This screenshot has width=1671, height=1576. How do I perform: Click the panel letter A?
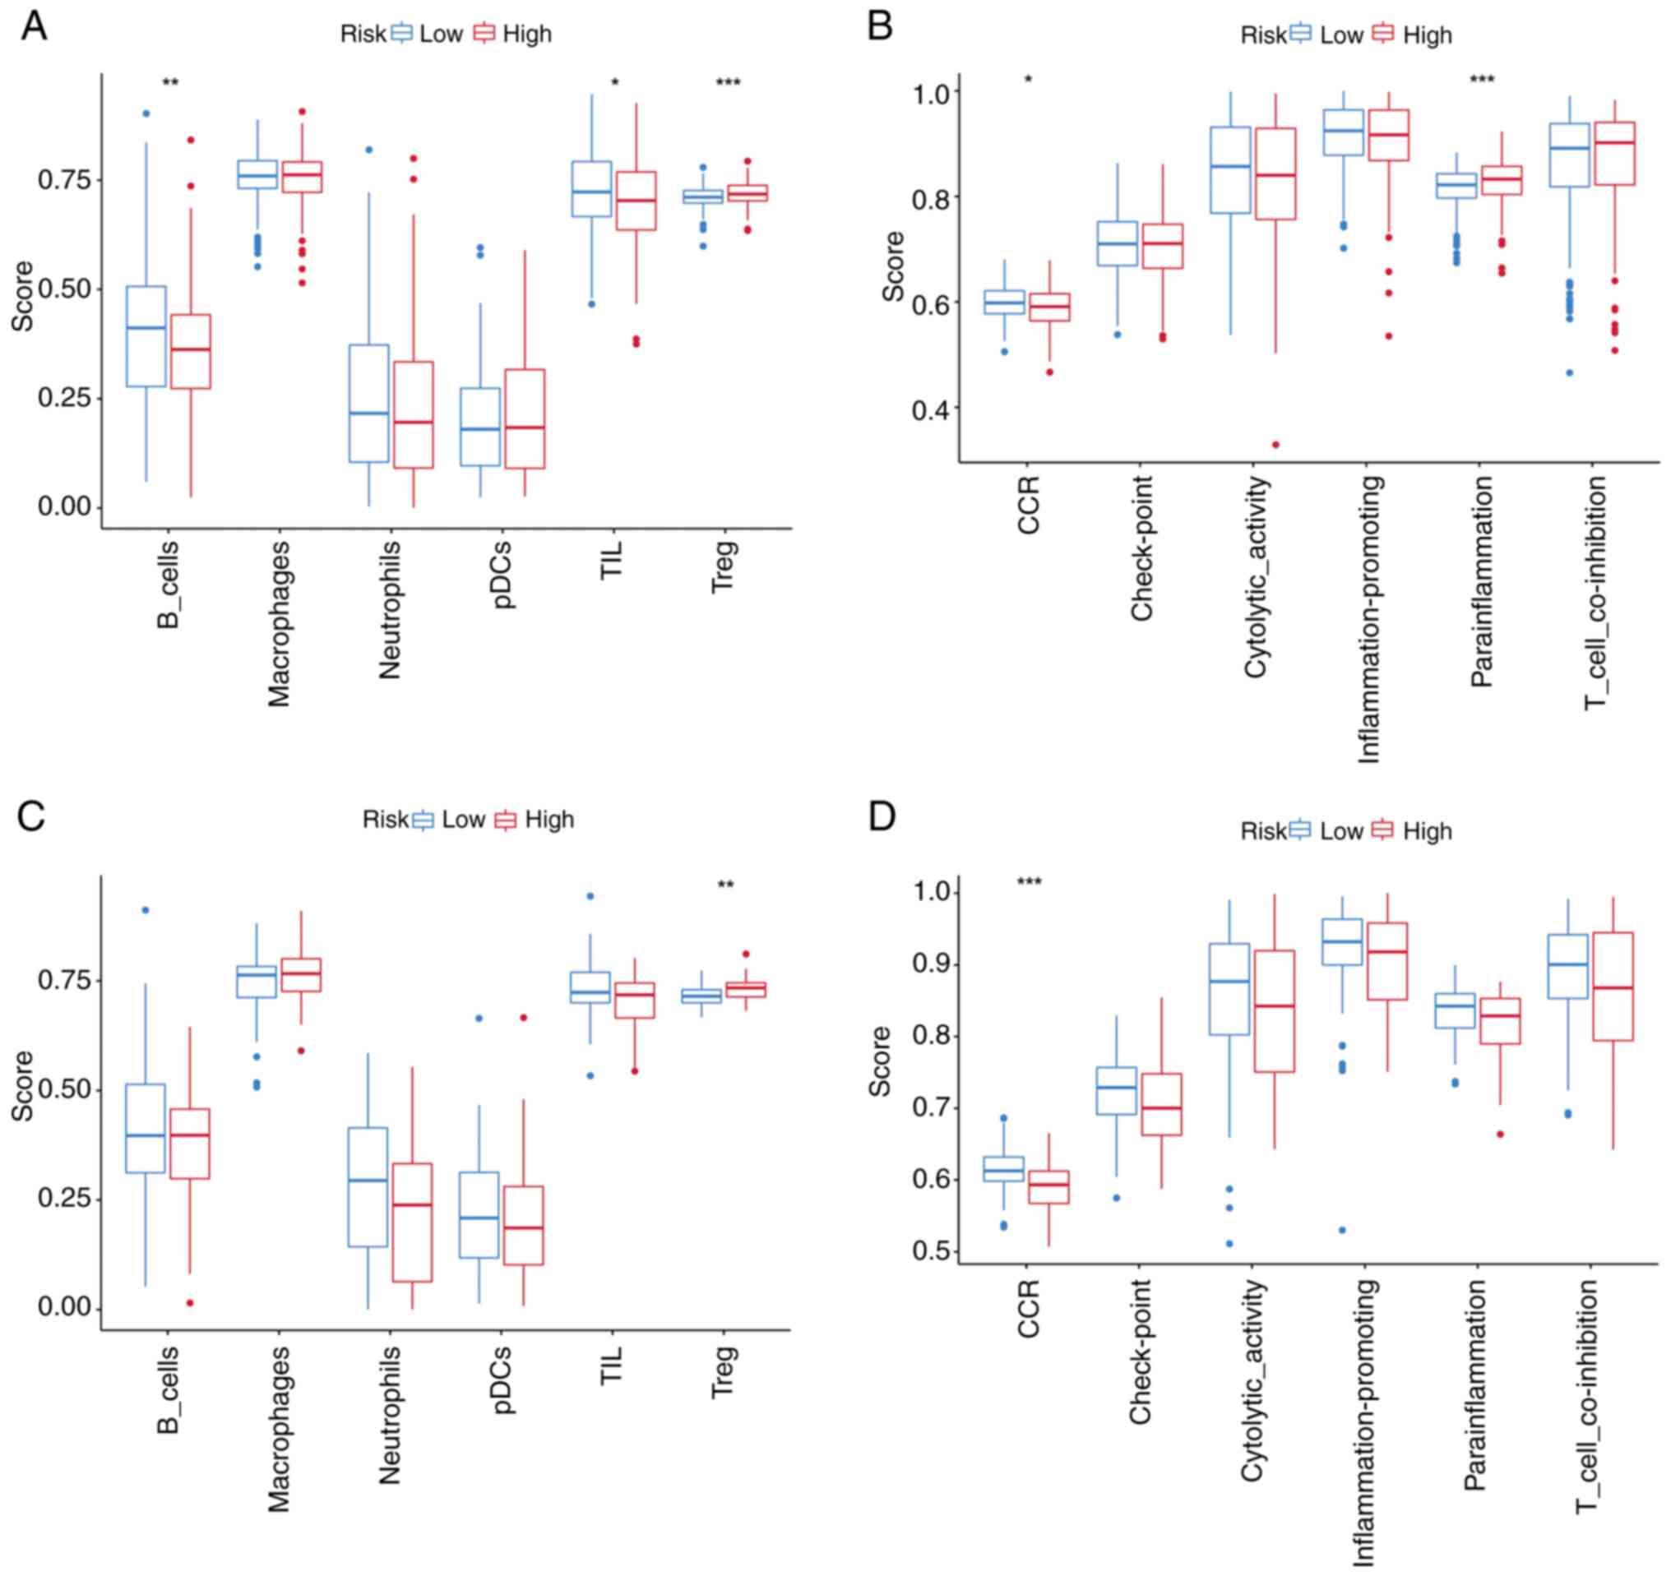click(34, 26)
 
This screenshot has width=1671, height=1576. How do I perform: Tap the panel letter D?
click(882, 816)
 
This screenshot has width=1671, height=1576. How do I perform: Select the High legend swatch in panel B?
click(1382, 35)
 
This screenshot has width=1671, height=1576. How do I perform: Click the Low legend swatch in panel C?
click(423, 820)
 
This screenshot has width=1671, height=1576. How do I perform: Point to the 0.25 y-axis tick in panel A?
click(65, 398)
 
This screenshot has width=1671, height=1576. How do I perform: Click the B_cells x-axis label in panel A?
click(168, 585)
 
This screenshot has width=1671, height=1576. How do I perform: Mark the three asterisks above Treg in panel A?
click(728, 83)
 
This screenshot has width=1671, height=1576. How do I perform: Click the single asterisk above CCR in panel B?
click(1028, 81)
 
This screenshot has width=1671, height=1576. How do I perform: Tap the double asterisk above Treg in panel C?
click(725, 885)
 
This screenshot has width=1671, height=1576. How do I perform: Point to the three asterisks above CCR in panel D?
click(1029, 881)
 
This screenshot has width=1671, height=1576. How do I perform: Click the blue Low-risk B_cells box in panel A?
click(146, 336)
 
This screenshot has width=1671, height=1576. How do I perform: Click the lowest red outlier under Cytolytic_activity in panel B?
click(1275, 445)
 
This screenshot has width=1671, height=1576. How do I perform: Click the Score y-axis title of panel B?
click(894, 266)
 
